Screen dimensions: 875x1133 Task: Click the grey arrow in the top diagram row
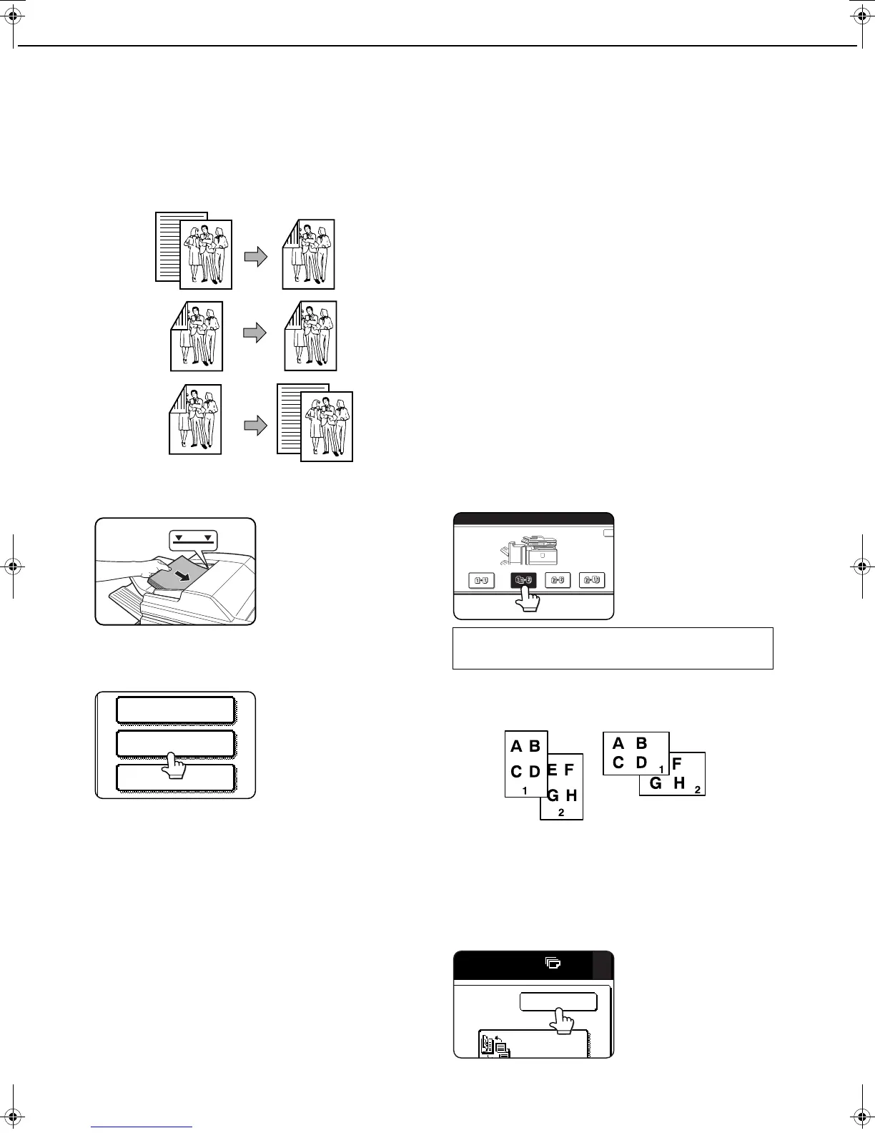(x=255, y=257)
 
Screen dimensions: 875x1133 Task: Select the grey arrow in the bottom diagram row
(x=255, y=426)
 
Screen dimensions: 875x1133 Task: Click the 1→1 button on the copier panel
(x=480, y=581)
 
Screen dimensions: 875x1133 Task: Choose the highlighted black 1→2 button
(x=523, y=580)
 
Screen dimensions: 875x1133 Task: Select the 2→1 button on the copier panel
(x=592, y=581)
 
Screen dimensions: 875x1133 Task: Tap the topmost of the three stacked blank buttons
(x=176, y=710)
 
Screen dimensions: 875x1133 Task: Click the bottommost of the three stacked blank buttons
(x=176, y=778)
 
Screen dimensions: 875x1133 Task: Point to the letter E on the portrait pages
(x=553, y=770)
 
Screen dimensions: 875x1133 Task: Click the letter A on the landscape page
(x=618, y=744)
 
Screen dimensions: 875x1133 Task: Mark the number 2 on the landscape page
(x=697, y=790)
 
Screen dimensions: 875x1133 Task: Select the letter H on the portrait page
(x=571, y=795)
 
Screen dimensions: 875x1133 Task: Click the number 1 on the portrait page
(x=525, y=790)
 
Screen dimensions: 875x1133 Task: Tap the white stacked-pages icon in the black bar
(x=553, y=963)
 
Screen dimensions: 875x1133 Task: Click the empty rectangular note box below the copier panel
(x=613, y=648)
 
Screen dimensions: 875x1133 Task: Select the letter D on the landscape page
(x=641, y=763)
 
